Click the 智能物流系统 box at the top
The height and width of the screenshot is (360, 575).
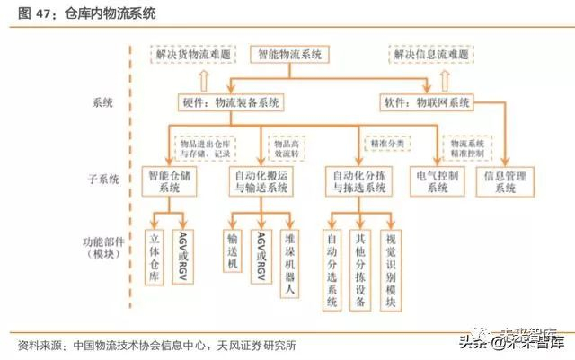click(289, 56)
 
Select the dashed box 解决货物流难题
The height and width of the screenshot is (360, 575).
click(193, 56)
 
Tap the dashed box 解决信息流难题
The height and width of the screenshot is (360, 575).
click(430, 56)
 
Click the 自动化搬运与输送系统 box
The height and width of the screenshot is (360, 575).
click(261, 181)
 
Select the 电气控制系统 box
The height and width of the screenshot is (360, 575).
click(438, 181)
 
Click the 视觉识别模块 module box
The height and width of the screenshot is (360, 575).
click(390, 266)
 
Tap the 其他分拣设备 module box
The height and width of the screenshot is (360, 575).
click(359, 266)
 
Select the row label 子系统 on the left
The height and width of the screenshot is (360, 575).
click(106, 180)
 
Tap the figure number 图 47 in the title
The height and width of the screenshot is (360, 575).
click(32, 13)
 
